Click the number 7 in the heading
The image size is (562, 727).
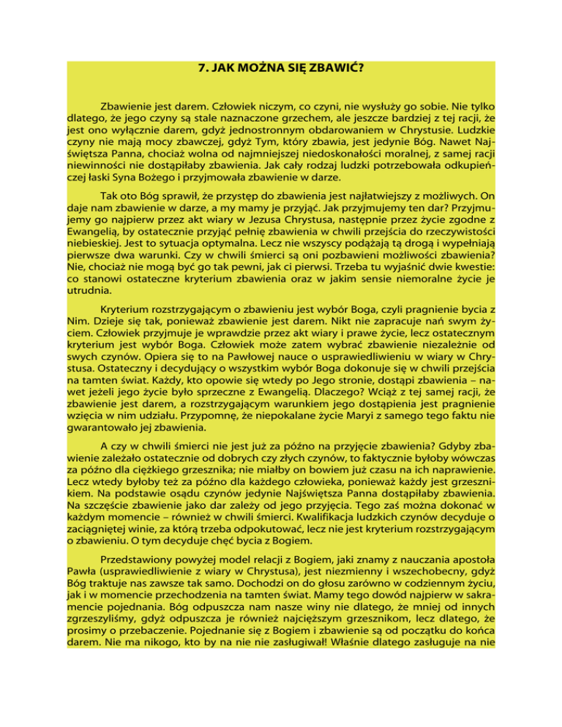click(202, 70)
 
